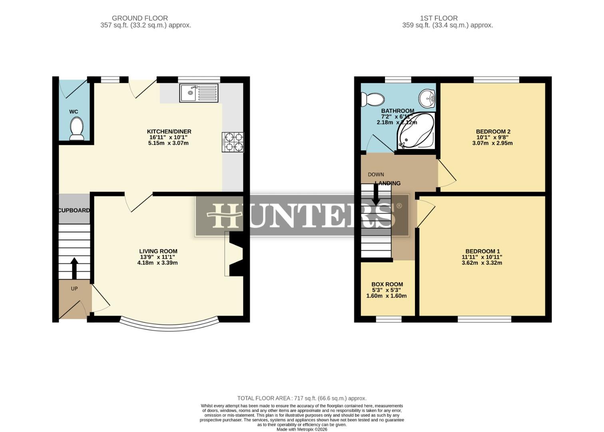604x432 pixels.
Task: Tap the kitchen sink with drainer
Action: [199, 93]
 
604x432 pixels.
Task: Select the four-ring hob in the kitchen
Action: [233, 142]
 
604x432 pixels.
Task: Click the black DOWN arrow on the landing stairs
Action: [376, 196]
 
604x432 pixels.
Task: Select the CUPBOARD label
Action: [74, 210]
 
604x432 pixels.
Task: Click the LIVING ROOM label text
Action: [158, 251]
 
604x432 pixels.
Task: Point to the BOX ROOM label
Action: [387, 284]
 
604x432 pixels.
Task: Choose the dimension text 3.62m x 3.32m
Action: [482, 263]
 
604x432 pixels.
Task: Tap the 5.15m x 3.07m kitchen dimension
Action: [169, 143]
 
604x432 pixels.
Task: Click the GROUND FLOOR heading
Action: [140, 18]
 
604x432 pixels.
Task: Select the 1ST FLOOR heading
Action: [439, 18]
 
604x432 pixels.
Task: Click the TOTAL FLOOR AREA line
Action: [302, 398]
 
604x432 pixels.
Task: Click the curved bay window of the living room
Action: [169, 326]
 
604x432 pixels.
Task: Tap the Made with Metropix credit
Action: [302, 429]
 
